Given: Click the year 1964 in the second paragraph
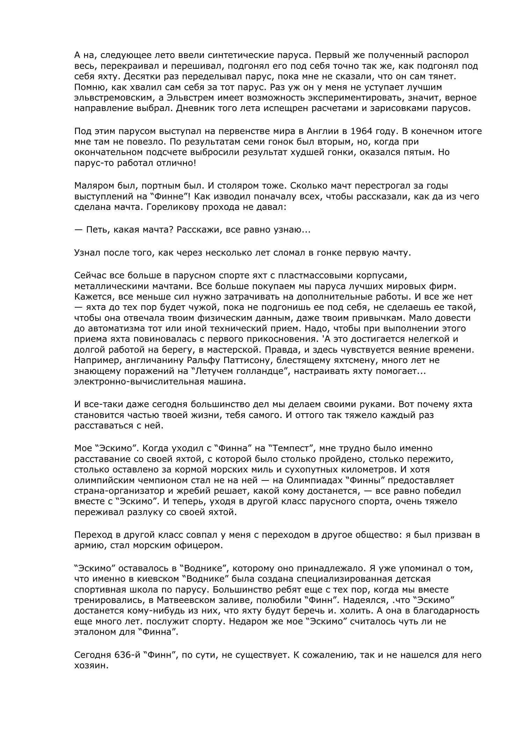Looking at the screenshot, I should click(361, 131).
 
